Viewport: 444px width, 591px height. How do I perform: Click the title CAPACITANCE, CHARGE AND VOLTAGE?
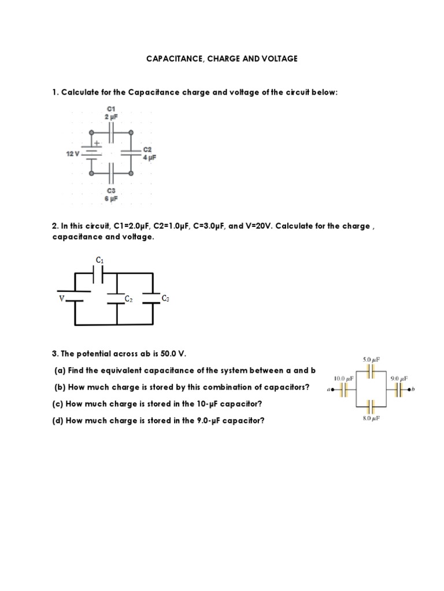tap(221, 59)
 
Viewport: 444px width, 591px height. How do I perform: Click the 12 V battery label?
tap(72, 154)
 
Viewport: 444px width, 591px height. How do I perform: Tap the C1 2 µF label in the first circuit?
tap(112, 112)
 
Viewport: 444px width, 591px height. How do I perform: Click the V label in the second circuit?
tap(61, 298)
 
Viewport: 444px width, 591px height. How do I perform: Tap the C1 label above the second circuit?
tap(99, 260)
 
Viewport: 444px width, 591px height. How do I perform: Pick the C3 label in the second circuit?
tap(165, 298)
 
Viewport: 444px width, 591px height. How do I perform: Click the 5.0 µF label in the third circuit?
tap(370, 360)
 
